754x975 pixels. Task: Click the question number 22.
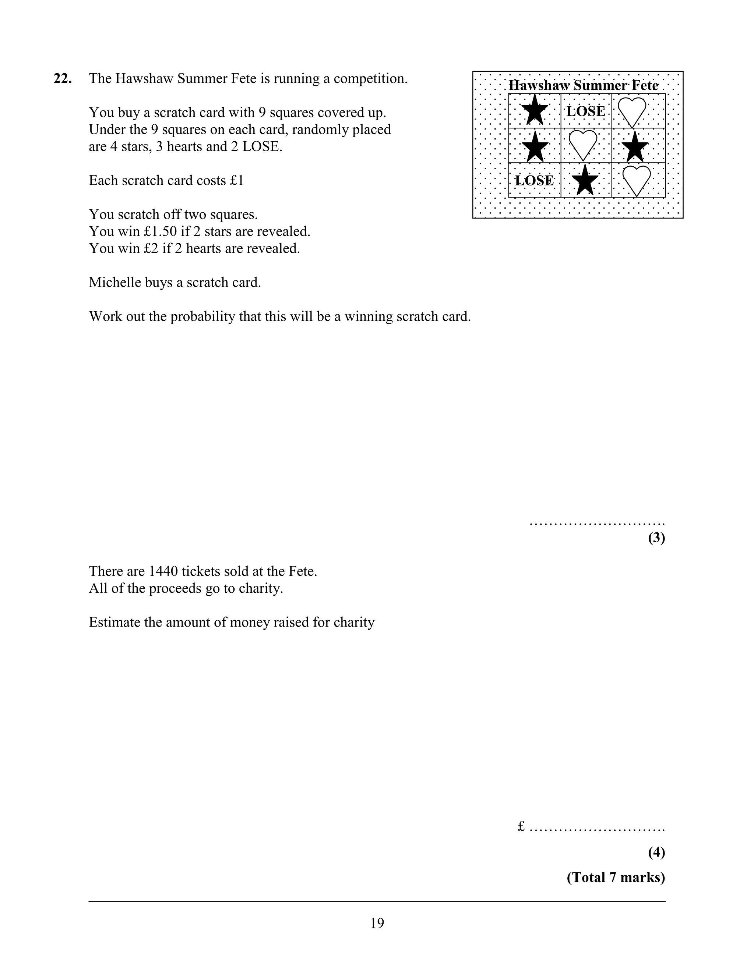coord(63,79)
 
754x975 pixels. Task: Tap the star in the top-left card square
coord(534,111)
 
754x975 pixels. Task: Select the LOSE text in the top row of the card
coord(586,111)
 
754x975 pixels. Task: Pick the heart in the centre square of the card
coord(583,145)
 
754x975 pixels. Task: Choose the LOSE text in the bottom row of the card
coord(534,180)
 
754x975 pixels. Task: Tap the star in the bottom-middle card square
coord(585,180)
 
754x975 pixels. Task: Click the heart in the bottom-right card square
coord(637,180)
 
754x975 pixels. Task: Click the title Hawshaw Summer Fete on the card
coord(584,85)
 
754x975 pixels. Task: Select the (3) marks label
coord(656,538)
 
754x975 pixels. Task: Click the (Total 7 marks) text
coord(616,877)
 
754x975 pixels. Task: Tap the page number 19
coord(377,923)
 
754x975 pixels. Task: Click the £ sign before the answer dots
coord(521,827)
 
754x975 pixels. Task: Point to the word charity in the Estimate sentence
coord(352,622)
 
